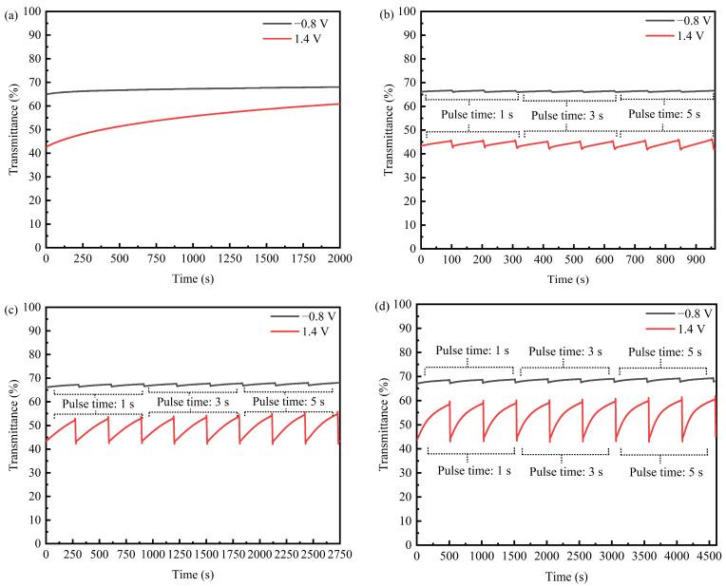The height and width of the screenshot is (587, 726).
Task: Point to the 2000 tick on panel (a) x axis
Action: (339, 259)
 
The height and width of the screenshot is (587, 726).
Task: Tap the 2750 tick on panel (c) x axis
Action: (339, 555)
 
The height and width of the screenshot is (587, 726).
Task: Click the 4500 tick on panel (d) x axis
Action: (707, 555)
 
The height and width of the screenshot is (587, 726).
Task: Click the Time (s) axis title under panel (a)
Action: (193, 278)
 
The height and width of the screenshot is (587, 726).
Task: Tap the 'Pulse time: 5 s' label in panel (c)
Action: (286, 402)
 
